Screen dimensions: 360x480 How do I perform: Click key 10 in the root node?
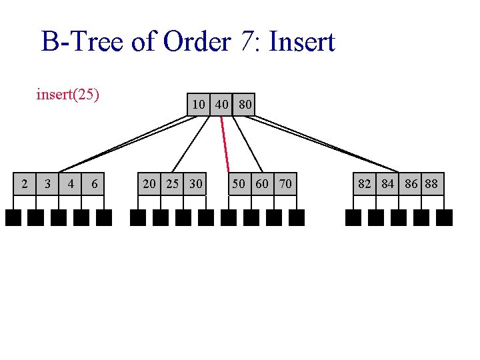tap(199, 104)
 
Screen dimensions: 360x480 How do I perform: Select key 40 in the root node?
tap(222, 104)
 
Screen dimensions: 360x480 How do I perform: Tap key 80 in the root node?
tap(245, 104)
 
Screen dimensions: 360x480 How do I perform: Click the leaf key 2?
tap(25, 183)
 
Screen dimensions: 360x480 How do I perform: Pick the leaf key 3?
tap(47, 183)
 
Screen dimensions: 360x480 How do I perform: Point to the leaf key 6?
tap(94, 183)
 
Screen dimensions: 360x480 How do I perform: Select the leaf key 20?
tap(149, 183)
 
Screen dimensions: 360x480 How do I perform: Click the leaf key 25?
tap(172, 183)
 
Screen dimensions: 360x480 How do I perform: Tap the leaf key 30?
tap(195, 183)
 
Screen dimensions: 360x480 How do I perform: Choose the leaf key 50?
tap(239, 183)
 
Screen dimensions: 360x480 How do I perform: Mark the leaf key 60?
tap(262, 183)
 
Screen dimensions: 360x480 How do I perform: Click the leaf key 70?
tap(285, 183)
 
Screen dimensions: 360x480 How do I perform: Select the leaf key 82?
tap(365, 183)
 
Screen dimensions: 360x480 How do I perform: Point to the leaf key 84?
tap(387, 183)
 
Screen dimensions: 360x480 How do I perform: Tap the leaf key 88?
tap(432, 183)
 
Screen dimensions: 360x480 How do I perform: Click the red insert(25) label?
tap(67, 94)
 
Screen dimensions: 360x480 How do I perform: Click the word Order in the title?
tap(197, 42)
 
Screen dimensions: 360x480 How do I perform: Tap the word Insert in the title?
tap(302, 42)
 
